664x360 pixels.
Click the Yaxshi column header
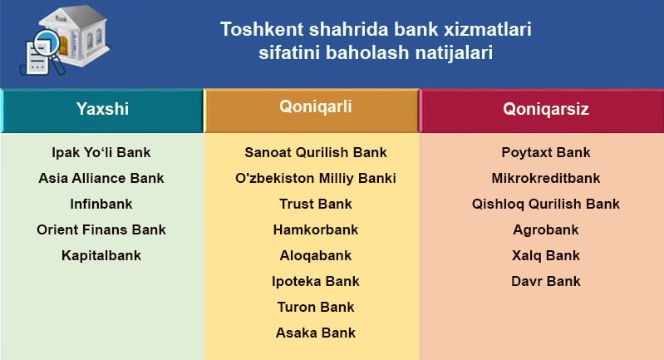point(102,109)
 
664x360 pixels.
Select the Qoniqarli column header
point(315,106)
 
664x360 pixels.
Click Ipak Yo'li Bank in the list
point(101,153)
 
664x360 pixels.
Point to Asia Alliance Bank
point(101,178)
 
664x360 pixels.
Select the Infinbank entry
point(101,204)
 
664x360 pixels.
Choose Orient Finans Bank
point(101,229)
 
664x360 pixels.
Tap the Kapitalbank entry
point(101,255)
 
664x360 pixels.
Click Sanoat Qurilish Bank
point(315,153)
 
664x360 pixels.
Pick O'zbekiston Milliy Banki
point(315,178)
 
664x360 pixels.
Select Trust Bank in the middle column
point(315,204)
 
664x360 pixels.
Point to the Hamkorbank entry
point(315,229)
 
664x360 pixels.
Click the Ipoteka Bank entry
point(315,281)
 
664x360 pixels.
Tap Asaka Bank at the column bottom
point(315,333)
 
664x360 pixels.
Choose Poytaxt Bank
point(545,153)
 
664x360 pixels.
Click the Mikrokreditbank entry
point(545,178)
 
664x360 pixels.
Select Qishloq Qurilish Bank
point(545,204)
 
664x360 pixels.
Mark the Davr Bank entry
point(545,281)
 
